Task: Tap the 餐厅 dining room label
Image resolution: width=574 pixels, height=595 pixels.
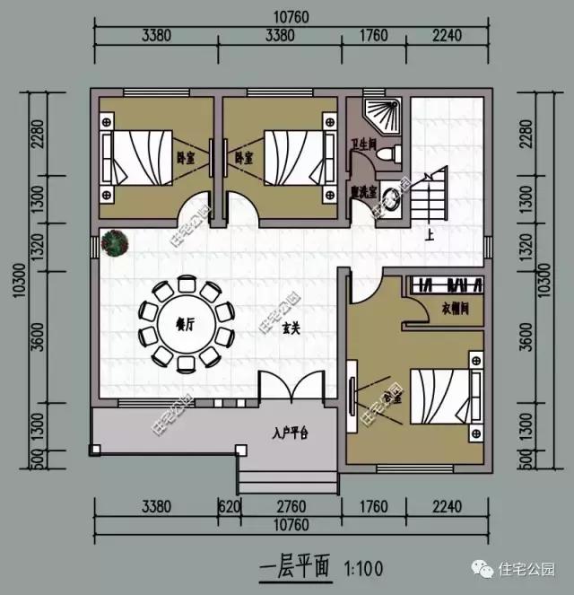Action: pos(185,325)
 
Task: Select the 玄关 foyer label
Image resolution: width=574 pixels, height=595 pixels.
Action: pos(289,329)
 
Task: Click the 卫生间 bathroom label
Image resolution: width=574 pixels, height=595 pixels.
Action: pos(362,142)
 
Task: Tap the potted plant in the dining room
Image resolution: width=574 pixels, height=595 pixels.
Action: pos(114,242)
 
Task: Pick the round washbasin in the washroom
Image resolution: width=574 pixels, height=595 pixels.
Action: pos(391,198)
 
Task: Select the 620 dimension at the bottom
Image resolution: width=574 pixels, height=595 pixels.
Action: pos(230,506)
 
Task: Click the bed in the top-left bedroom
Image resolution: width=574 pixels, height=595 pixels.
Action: pos(139,156)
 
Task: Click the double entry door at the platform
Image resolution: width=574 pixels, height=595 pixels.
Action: pos(290,389)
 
